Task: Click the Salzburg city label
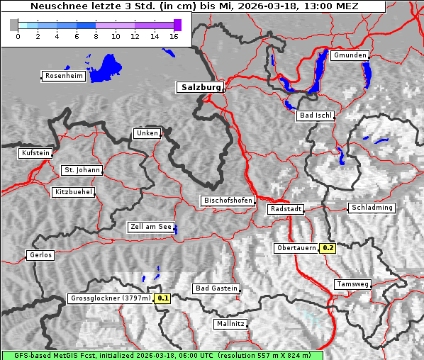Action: [x=199, y=87]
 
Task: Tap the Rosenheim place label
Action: [x=63, y=76]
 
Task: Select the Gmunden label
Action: [x=350, y=55]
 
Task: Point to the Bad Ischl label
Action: [x=316, y=116]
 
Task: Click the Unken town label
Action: [x=147, y=133]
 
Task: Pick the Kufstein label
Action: [x=35, y=153]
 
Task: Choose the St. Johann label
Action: [x=82, y=170]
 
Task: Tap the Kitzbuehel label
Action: [x=73, y=192]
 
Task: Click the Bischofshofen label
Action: [x=228, y=201]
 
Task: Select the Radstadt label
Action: [x=286, y=209]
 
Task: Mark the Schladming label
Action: [x=371, y=208]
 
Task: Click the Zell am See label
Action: [x=151, y=227]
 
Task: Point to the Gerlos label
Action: [x=40, y=255]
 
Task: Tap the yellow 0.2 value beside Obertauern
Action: [x=328, y=248]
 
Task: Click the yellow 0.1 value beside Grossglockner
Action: [x=163, y=298]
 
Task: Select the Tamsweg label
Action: [x=352, y=284]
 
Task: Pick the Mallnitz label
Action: [x=230, y=324]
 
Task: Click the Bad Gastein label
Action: [x=216, y=288]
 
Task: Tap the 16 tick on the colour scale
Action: [x=174, y=35]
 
